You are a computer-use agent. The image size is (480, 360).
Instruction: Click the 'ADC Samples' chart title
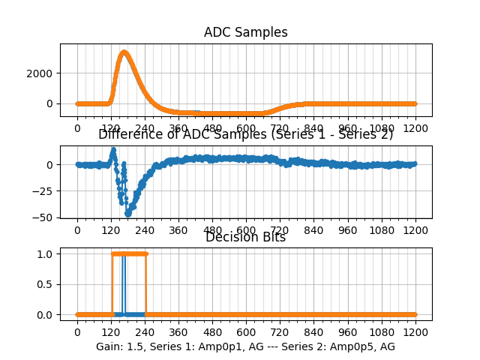[x=245, y=32]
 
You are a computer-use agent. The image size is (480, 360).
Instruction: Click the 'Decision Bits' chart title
[x=245, y=238]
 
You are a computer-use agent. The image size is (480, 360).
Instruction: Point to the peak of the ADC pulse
[x=124, y=52]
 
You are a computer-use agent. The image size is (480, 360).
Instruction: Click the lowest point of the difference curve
[x=128, y=214]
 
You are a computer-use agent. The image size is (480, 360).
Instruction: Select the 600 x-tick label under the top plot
[x=246, y=127]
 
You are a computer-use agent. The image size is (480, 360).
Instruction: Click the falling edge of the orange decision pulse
[x=145, y=284]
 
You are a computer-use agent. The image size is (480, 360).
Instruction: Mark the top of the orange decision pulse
[x=129, y=253]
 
